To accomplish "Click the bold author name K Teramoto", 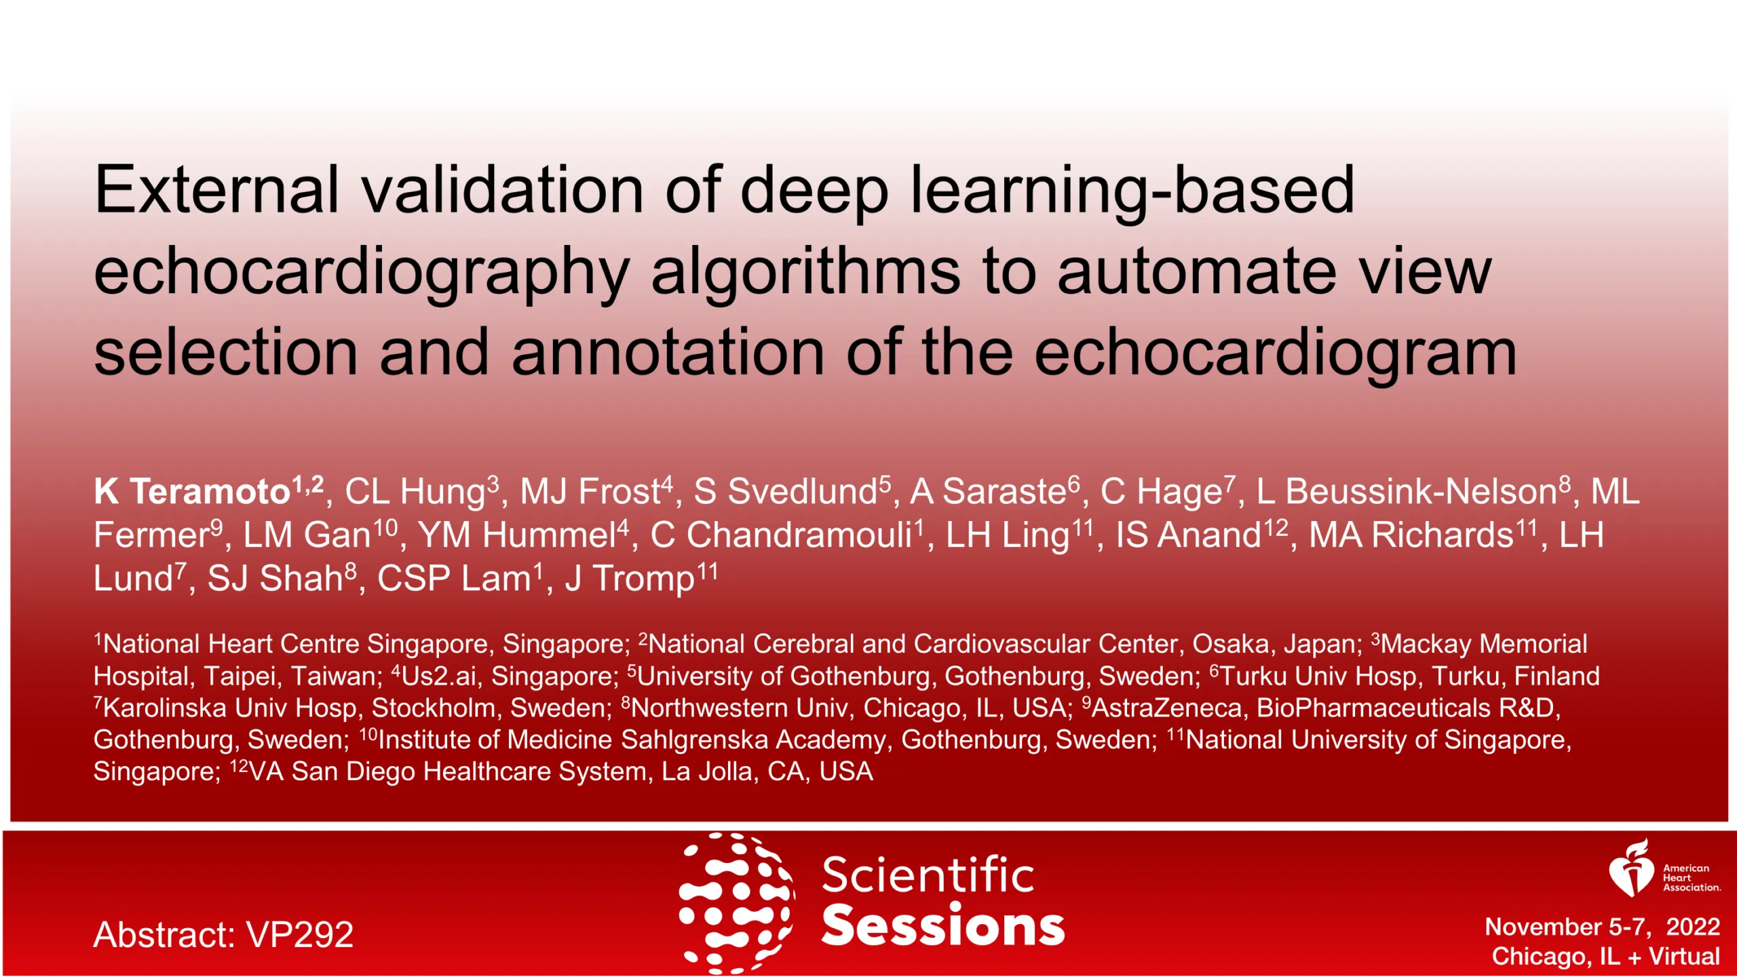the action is coord(193,491).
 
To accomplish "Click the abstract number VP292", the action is coord(299,934).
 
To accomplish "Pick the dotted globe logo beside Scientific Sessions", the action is coord(737,903).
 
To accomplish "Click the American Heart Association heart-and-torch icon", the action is coord(1632,868).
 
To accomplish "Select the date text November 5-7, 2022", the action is coord(1602,927).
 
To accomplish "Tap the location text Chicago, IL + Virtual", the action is coord(1605,956).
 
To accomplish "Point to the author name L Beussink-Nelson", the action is coord(1407,491).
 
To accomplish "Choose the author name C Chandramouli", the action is coord(781,535).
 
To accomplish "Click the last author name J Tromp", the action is coord(630,578).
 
